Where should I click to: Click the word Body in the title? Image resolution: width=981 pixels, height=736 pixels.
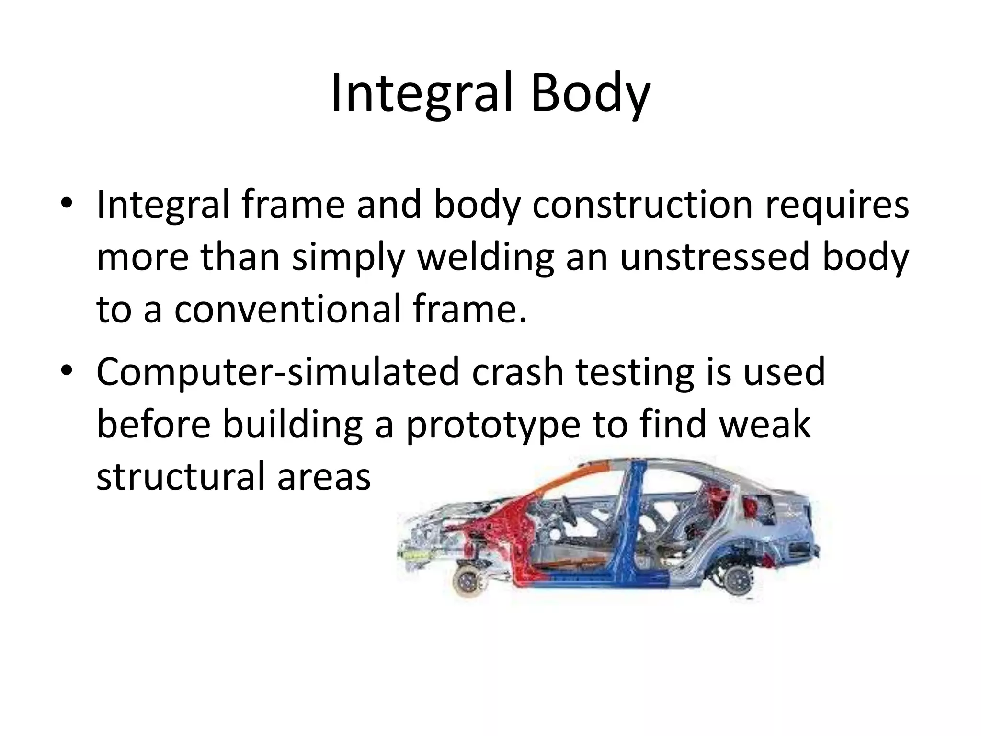pos(590,93)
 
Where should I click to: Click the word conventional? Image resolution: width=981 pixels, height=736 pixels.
pos(287,310)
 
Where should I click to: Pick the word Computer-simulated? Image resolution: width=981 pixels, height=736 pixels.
pos(278,372)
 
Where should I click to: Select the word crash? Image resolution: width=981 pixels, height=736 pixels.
pos(517,372)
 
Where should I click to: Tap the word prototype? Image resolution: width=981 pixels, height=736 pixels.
pos(493,425)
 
